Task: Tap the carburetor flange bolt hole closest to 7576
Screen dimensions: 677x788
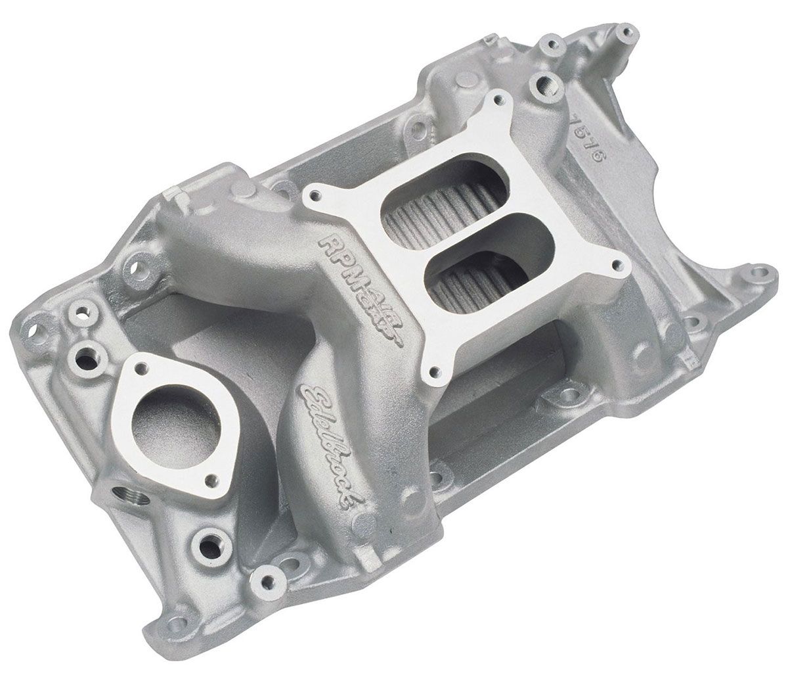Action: [505, 98]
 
